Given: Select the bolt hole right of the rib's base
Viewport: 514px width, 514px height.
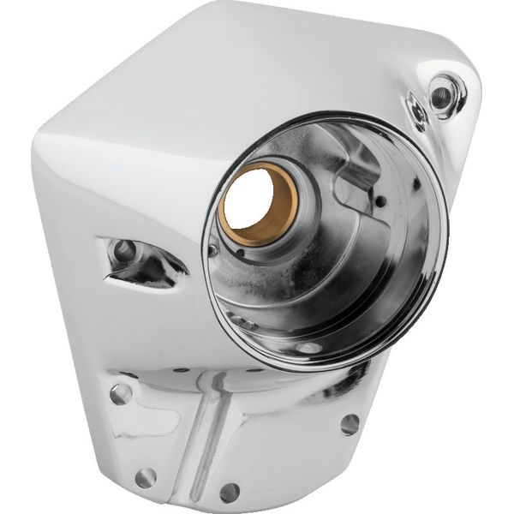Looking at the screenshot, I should (229, 493).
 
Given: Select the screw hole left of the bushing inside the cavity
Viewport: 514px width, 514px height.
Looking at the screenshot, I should (212, 248).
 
